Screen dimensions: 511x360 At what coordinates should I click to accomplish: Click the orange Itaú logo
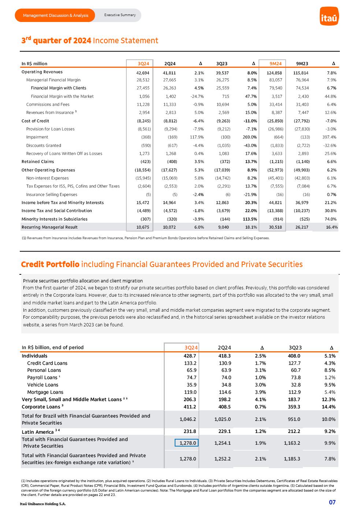point(329,16)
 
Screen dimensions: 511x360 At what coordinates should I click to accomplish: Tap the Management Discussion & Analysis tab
point(55,15)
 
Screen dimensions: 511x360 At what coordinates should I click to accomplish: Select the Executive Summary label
point(120,15)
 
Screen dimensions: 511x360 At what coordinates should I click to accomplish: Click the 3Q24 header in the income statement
point(143,64)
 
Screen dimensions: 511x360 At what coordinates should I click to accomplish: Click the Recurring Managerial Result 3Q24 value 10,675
point(143,227)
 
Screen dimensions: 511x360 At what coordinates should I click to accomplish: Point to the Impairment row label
point(37,137)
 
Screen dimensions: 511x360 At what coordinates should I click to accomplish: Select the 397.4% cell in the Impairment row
point(329,137)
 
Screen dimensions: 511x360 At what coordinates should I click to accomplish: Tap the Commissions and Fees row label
point(48,104)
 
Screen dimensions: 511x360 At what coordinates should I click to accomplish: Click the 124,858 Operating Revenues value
point(274,73)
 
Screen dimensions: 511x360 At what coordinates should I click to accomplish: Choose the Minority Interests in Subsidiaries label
point(55,219)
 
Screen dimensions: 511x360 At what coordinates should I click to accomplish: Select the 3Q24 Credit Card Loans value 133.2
point(190,363)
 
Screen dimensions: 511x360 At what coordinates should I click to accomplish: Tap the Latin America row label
point(38,432)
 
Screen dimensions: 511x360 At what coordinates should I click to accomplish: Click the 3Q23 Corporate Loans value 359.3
point(294,407)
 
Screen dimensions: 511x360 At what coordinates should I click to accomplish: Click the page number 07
point(332,502)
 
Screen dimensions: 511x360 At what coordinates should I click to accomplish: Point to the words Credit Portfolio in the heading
point(50,264)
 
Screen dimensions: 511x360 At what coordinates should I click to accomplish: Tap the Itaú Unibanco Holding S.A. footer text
point(43,504)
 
